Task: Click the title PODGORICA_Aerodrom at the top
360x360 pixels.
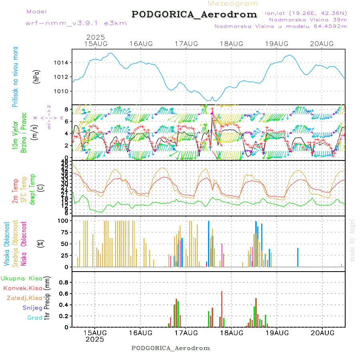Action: (194, 14)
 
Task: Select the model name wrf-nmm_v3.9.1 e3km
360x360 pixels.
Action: (76, 23)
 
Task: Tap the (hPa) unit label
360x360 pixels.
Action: (37, 77)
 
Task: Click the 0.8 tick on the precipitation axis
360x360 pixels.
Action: (63, 282)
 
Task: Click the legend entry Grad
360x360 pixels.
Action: (34, 318)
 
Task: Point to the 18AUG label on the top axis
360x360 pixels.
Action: (232, 44)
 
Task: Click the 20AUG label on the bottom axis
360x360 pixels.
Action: (322, 333)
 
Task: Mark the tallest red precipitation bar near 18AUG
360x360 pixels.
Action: (222, 309)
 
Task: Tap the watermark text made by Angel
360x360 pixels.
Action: (352, 240)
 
